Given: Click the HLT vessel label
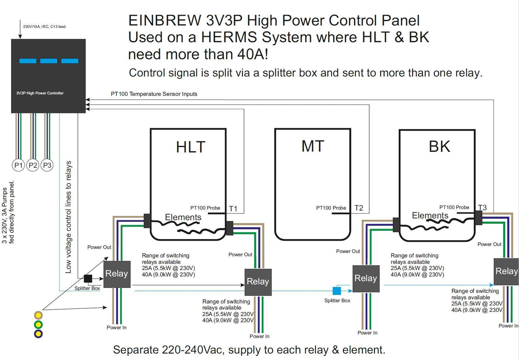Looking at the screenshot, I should tap(191, 147).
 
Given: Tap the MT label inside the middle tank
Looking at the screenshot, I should tap(313, 146).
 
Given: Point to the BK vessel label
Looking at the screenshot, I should tap(439, 146).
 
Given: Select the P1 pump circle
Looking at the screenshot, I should tap(18, 165).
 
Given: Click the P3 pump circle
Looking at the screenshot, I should tap(47, 165).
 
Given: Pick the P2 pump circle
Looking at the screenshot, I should tap(33, 165).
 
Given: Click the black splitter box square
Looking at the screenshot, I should tap(88, 279).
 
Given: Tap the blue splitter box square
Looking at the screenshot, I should tap(337, 290).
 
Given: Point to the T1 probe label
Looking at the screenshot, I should tap(233, 209).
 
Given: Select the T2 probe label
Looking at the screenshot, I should tap(359, 208).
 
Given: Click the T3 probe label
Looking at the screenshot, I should tap(482, 207).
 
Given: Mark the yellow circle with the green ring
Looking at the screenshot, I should tap(38, 324).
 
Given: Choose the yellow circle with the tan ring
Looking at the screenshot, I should tap(38, 315).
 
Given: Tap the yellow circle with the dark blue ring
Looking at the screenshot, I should tap(38, 334).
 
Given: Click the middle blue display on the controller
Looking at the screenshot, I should tap(48, 61).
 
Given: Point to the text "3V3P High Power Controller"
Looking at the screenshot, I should tap(40, 93).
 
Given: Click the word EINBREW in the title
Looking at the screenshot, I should tap(164, 20).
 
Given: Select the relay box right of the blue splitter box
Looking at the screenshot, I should tap(366, 279).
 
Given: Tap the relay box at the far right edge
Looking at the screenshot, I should tap(506, 272).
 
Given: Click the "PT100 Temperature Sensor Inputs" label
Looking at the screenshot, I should tap(154, 94).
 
